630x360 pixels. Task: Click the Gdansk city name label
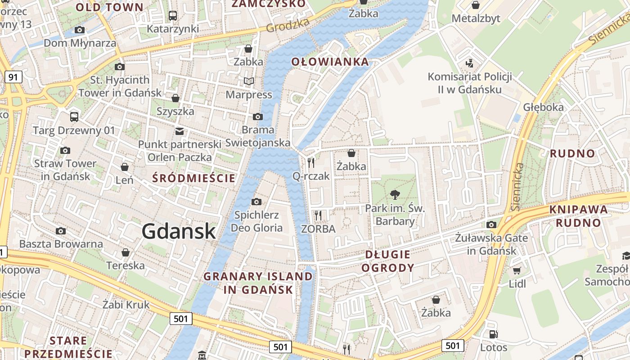pyautogui.click(x=179, y=231)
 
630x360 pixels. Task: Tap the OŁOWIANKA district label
pyautogui.click(x=330, y=62)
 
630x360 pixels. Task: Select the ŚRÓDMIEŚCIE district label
pyautogui.click(x=194, y=178)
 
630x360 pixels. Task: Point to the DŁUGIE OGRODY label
pyautogui.click(x=387, y=261)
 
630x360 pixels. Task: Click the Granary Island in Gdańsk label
pyautogui.click(x=258, y=283)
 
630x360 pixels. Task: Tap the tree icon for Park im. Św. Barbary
pyautogui.click(x=395, y=195)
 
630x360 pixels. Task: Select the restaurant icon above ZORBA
pyautogui.click(x=318, y=216)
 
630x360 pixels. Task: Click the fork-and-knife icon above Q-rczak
pyautogui.click(x=311, y=162)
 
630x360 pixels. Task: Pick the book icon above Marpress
pyautogui.click(x=249, y=81)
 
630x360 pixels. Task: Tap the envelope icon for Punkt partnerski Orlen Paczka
pyautogui.click(x=180, y=131)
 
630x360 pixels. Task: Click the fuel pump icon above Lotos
pyautogui.click(x=494, y=334)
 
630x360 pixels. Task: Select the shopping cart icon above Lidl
pyautogui.click(x=517, y=270)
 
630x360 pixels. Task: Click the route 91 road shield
pyautogui.click(x=13, y=77)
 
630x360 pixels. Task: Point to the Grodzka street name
pyautogui.click(x=288, y=25)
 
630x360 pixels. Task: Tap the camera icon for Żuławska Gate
pyautogui.click(x=491, y=224)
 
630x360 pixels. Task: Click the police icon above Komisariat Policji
pyautogui.click(x=470, y=63)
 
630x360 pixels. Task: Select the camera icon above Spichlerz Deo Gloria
pyautogui.click(x=256, y=202)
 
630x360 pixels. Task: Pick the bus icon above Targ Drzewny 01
pyautogui.click(x=74, y=117)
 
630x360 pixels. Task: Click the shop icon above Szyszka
pyautogui.click(x=175, y=98)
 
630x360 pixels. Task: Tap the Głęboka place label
pyautogui.click(x=543, y=107)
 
